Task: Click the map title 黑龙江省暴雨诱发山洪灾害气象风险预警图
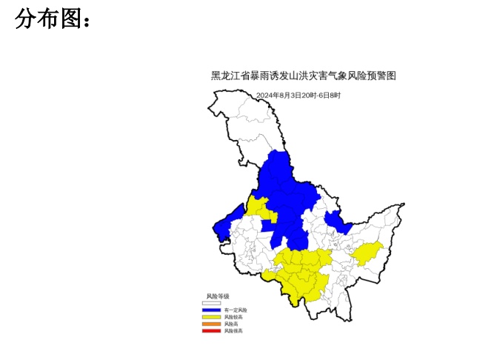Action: tap(304, 76)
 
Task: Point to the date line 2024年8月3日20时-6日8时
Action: tap(298, 96)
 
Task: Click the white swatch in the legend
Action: tap(212, 302)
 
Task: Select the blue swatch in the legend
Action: tap(212, 310)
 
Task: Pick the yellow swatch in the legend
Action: tap(212, 317)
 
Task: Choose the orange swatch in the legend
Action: tap(212, 324)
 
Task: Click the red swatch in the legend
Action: tap(212, 330)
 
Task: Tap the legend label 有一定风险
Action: tap(236, 310)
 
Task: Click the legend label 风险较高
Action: tap(233, 317)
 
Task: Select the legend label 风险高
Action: tap(232, 324)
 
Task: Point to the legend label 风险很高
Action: tap(233, 330)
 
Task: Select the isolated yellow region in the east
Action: tap(367, 253)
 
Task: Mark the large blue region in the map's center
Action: tap(289, 196)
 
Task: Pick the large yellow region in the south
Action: tap(304, 274)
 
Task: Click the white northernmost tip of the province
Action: tap(222, 100)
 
